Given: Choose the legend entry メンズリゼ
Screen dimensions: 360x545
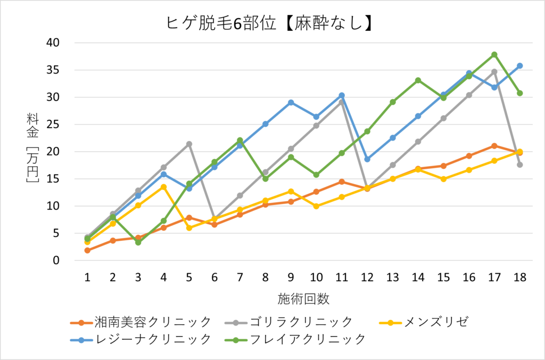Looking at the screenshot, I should (436, 322).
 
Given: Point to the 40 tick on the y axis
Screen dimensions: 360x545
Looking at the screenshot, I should (53, 43).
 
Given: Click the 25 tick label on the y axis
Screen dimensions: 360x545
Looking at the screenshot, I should (53, 125).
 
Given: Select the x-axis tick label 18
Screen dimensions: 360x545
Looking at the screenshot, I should (520, 276).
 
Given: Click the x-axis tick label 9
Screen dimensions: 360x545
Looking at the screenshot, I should (291, 276).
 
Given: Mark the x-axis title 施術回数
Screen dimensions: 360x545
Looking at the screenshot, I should (303, 298).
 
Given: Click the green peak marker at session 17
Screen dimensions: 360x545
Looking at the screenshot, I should (494, 54).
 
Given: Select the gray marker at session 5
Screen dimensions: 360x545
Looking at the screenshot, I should (189, 144).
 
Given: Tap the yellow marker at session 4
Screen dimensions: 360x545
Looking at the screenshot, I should (163, 187).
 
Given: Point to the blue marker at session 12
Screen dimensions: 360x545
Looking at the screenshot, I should (367, 159).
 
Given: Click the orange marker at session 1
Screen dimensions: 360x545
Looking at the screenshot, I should (87, 250).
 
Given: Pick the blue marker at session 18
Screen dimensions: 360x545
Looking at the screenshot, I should (520, 66).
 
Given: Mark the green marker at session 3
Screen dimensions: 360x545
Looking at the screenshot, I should (138, 242).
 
